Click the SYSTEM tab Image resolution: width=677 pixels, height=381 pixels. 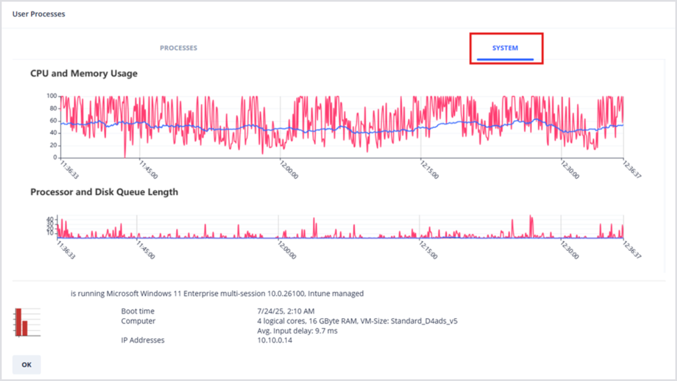pos(505,48)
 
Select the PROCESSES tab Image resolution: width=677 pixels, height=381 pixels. pos(178,48)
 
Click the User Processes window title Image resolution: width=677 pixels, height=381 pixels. pos(38,14)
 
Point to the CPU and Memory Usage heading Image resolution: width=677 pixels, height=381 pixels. pos(83,73)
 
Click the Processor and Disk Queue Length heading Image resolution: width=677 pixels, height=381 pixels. pos(104,192)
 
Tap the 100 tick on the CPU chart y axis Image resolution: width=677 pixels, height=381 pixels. pos(52,96)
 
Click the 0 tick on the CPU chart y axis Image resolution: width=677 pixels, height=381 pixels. pos(55,157)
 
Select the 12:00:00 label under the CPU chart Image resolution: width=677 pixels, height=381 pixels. pos(289,169)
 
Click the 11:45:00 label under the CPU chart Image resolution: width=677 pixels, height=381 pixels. pos(148,169)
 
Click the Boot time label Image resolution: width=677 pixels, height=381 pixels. pos(137,311)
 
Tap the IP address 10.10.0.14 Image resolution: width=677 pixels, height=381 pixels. pos(271,340)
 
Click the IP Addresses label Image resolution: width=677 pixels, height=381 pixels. pos(142,340)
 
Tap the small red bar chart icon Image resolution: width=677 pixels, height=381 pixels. pos(21,322)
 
